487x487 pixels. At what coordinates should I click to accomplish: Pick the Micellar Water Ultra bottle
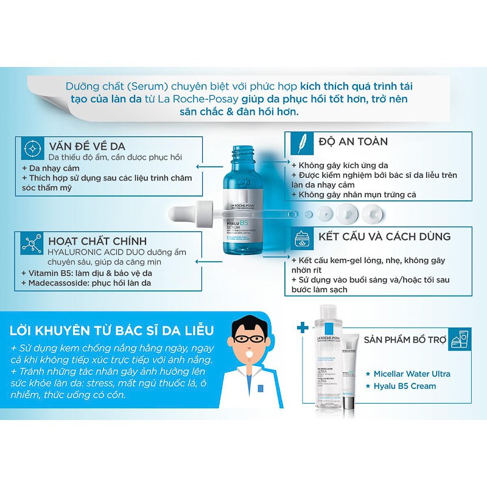(x=329, y=365)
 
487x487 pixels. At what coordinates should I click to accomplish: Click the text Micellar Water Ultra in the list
(x=412, y=373)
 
